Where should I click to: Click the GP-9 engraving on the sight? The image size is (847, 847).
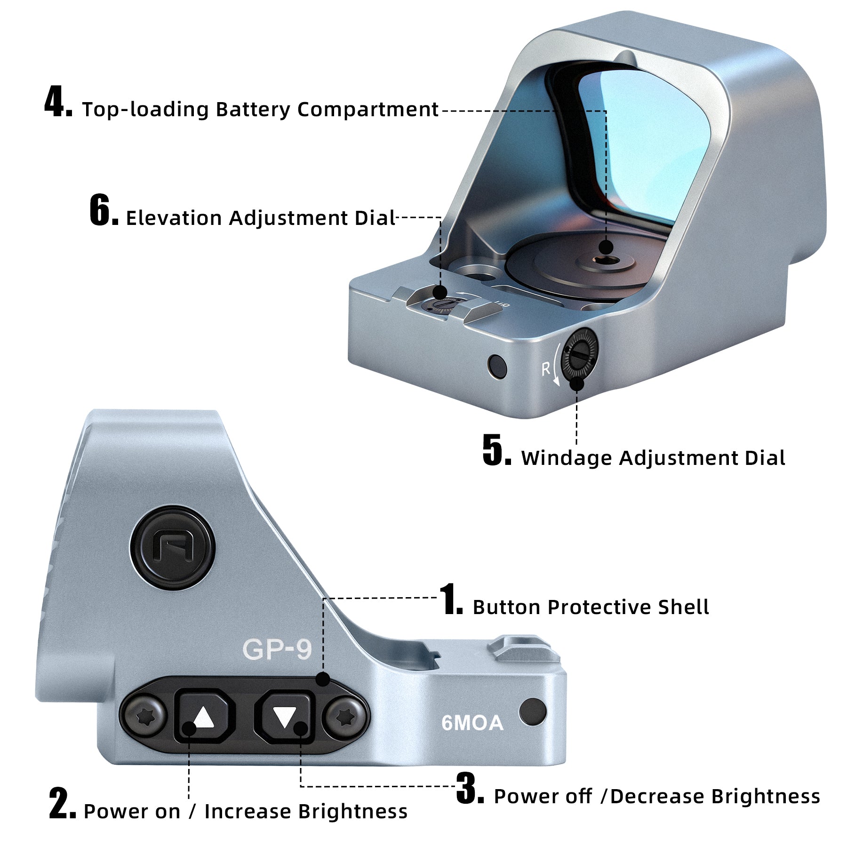click(x=277, y=649)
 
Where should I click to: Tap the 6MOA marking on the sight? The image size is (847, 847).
click(x=472, y=723)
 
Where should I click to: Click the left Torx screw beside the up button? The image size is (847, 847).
click(x=144, y=717)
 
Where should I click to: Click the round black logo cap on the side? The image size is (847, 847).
click(x=173, y=547)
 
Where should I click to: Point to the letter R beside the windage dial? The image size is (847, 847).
click(x=545, y=369)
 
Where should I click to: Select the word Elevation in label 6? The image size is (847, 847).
click(x=174, y=218)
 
